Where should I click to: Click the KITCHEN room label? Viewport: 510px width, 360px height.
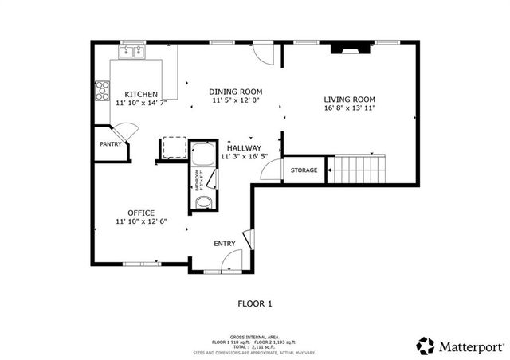coord(140,94)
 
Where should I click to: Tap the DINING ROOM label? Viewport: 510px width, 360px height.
coord(235,92)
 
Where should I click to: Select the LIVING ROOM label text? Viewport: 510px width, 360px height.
coord(349,100)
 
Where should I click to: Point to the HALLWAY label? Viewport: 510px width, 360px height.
coord(243,147)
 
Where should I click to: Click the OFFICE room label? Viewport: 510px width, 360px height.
coord(141,213)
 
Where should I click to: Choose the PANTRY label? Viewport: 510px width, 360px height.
coord(110,144)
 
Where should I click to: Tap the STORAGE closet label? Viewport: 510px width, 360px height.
coord(304,170)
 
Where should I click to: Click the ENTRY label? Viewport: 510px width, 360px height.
coord(224,244)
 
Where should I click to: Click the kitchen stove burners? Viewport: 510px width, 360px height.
coord(102,91)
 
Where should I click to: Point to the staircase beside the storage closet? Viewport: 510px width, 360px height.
coord(359,169)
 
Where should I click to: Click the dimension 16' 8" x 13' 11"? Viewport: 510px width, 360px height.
coord(349,108)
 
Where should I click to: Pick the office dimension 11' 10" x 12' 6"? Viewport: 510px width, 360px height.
coord(141,222)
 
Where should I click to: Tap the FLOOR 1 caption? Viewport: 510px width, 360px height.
coord(255,303)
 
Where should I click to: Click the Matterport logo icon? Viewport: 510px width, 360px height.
coord(426,346)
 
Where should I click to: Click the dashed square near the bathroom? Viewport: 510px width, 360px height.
coord(173,148)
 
